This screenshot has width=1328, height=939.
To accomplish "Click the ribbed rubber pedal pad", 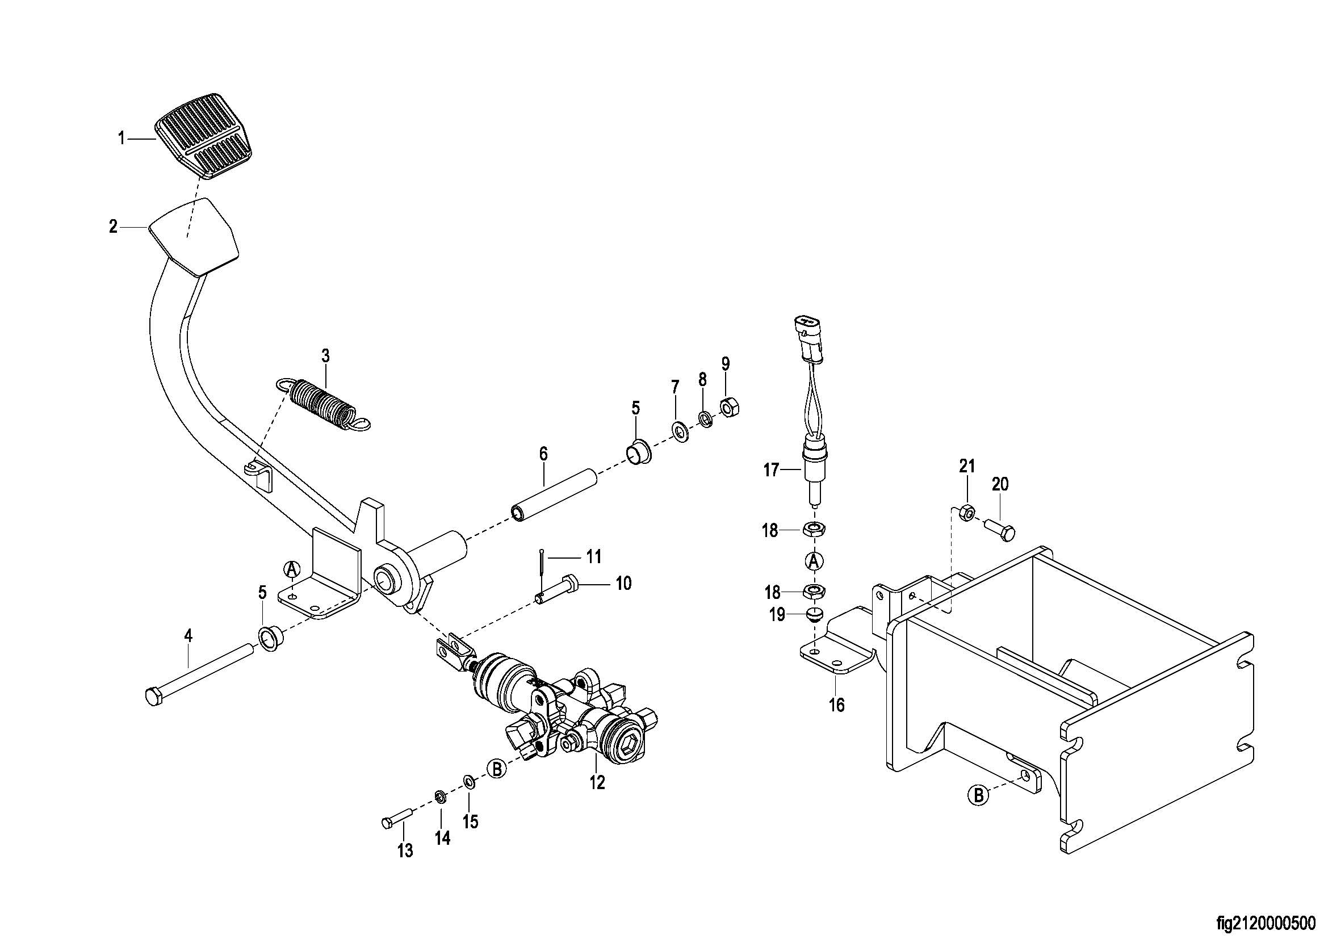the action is (203, 134).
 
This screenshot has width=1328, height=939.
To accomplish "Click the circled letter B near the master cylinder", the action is (496, 769).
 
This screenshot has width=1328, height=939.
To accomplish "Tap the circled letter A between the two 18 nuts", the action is (814, 560).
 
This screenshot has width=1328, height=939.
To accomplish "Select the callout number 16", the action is (836, 705).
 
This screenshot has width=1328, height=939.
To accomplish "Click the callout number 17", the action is (772, 470).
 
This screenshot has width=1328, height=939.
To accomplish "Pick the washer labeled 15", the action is (469, 782).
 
